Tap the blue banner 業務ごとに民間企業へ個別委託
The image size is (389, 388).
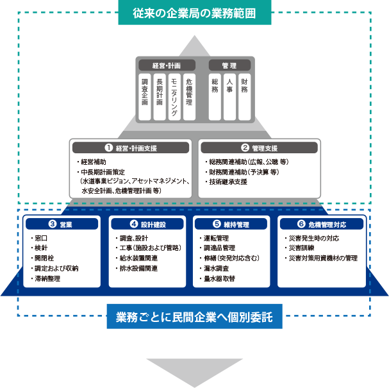pos(194,317)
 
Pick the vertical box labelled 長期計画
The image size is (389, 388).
pos(160,96)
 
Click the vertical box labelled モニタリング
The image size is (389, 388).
pos(174,96)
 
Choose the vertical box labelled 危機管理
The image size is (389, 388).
pos(189,96)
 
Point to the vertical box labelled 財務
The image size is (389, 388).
pos(244,96)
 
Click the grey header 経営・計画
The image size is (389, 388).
pos(167,65)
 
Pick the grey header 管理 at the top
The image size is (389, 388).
pos(229,65)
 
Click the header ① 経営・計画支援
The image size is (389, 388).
pos(131,148)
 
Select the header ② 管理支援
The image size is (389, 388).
pos(259,148)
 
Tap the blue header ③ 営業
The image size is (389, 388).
pos(62,224)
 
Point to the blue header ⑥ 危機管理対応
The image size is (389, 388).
pos(321,224)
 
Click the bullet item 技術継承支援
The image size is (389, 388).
pos(228,181)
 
